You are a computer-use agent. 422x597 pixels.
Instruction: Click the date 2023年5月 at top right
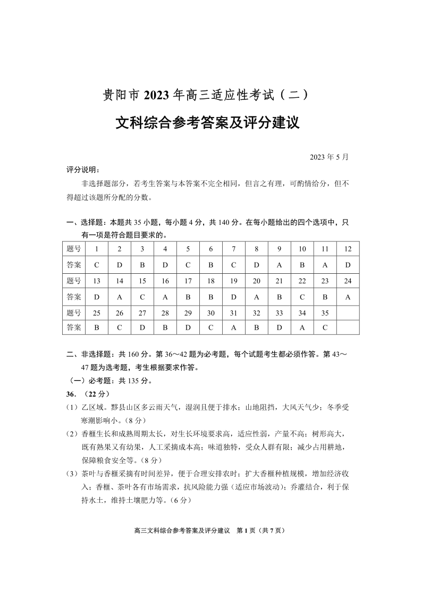[x=329, y=157]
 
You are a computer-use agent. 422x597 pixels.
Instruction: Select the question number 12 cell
[x=348, y=249]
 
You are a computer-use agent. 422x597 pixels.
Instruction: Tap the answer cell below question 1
[x=97, y=265]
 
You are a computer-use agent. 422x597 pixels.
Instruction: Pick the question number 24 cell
[x=348, y=281]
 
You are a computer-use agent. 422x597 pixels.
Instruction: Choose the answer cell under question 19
[x=234, y=297]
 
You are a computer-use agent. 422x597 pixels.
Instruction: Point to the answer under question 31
[x=234, y=328]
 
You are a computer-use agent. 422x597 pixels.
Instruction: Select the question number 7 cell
[x=234, y=249]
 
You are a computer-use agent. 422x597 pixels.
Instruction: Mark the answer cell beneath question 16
[x=165, y=297]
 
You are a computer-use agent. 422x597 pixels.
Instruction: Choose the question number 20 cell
[x=257, y=281]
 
